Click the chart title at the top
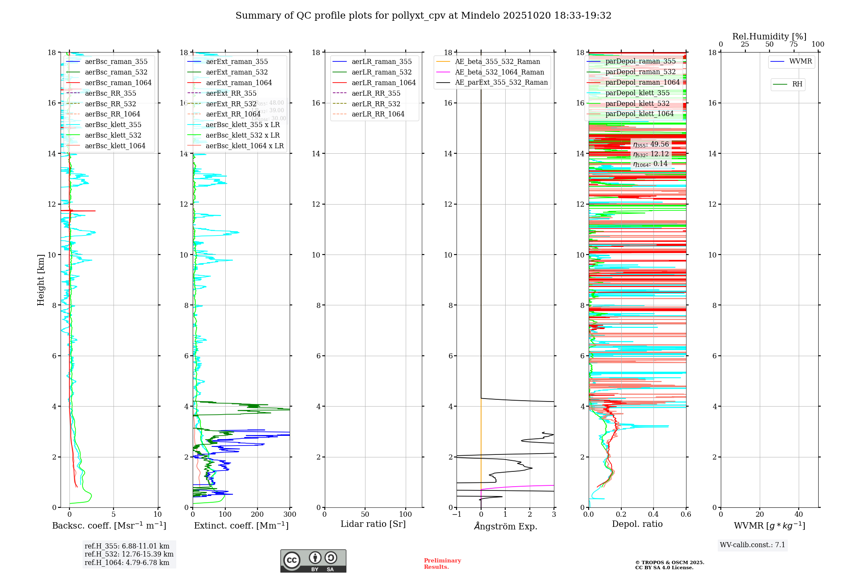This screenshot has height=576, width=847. pos(423,16)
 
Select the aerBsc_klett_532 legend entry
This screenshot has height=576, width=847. pos(113,136)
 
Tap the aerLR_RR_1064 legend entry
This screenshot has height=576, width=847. pos(378,114)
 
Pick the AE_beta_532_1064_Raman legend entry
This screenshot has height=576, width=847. pos(499,72)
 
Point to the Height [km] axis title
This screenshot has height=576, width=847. pos(41,280)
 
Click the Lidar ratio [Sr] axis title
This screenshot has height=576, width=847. pos(373,524)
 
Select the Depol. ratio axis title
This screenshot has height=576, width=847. pos(637,524)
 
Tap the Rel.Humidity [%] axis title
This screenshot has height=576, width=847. pos(769,36)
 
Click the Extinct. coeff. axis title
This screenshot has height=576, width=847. pos(241,526)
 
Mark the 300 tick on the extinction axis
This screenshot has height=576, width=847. pos(290,515)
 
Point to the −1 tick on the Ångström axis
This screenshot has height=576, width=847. pos(456,515)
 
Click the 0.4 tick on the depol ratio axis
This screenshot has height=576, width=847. pos(653,515)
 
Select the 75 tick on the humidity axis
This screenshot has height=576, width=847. pos(794,44)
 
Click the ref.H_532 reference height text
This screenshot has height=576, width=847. pos(129,554)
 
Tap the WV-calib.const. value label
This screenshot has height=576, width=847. pos(753,545)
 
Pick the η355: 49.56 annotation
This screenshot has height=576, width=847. pos(651,144)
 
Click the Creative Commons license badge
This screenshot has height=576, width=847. pos(313,561)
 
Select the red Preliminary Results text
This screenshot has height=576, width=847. pos(442,564)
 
